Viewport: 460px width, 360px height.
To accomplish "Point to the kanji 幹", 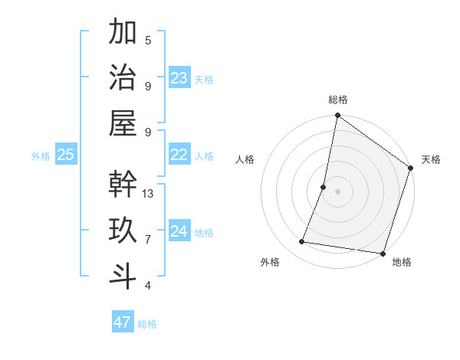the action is [123, 184].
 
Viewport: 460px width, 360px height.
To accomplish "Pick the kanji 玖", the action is [123, 230].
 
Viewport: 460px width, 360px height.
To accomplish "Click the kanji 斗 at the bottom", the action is [123, 276].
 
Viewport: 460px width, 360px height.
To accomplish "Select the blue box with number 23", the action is [179, 78].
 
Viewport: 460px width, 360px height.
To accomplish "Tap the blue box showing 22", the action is [179, 155].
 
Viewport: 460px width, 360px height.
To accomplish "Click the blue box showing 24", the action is [179, 231].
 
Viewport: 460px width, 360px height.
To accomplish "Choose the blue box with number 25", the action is [66, 155].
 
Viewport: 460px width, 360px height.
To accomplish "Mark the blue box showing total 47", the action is [123, 322].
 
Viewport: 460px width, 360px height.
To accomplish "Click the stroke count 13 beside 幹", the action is [148, 194].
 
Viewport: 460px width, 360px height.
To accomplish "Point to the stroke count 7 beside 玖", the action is [148, 240].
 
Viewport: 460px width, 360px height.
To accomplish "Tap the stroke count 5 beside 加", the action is [148, 41].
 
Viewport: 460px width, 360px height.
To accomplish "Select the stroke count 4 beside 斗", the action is [148, 286].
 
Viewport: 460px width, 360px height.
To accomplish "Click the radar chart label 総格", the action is [338, 100].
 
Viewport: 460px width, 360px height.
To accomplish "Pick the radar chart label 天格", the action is [432, 159].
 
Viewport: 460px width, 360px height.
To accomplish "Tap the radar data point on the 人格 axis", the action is [324, 187].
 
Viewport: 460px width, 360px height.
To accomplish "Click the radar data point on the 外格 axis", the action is [302, 242].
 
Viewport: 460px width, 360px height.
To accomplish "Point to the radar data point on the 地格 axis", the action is [382, 253].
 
